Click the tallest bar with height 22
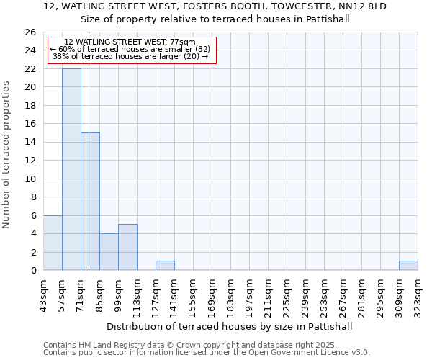tap(71, 169)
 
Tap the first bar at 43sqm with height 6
tap(53, 243)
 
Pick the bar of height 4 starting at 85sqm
tap(109, 252)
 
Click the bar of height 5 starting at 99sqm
tap(127, 247)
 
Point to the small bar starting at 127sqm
tap(165, 266)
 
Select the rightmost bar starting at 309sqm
tap(408, 266)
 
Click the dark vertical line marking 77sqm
tap(89, 166)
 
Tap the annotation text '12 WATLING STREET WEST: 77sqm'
tap(130, 42)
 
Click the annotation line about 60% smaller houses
tap(130, 49)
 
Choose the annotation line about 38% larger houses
tap(130, 56)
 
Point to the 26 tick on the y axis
tap(30, 32)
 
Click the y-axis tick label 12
tap(30, 161)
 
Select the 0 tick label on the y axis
tap(32, 271)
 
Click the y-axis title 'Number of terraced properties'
tap(6, 154)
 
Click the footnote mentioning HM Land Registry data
tap(205, 345)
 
